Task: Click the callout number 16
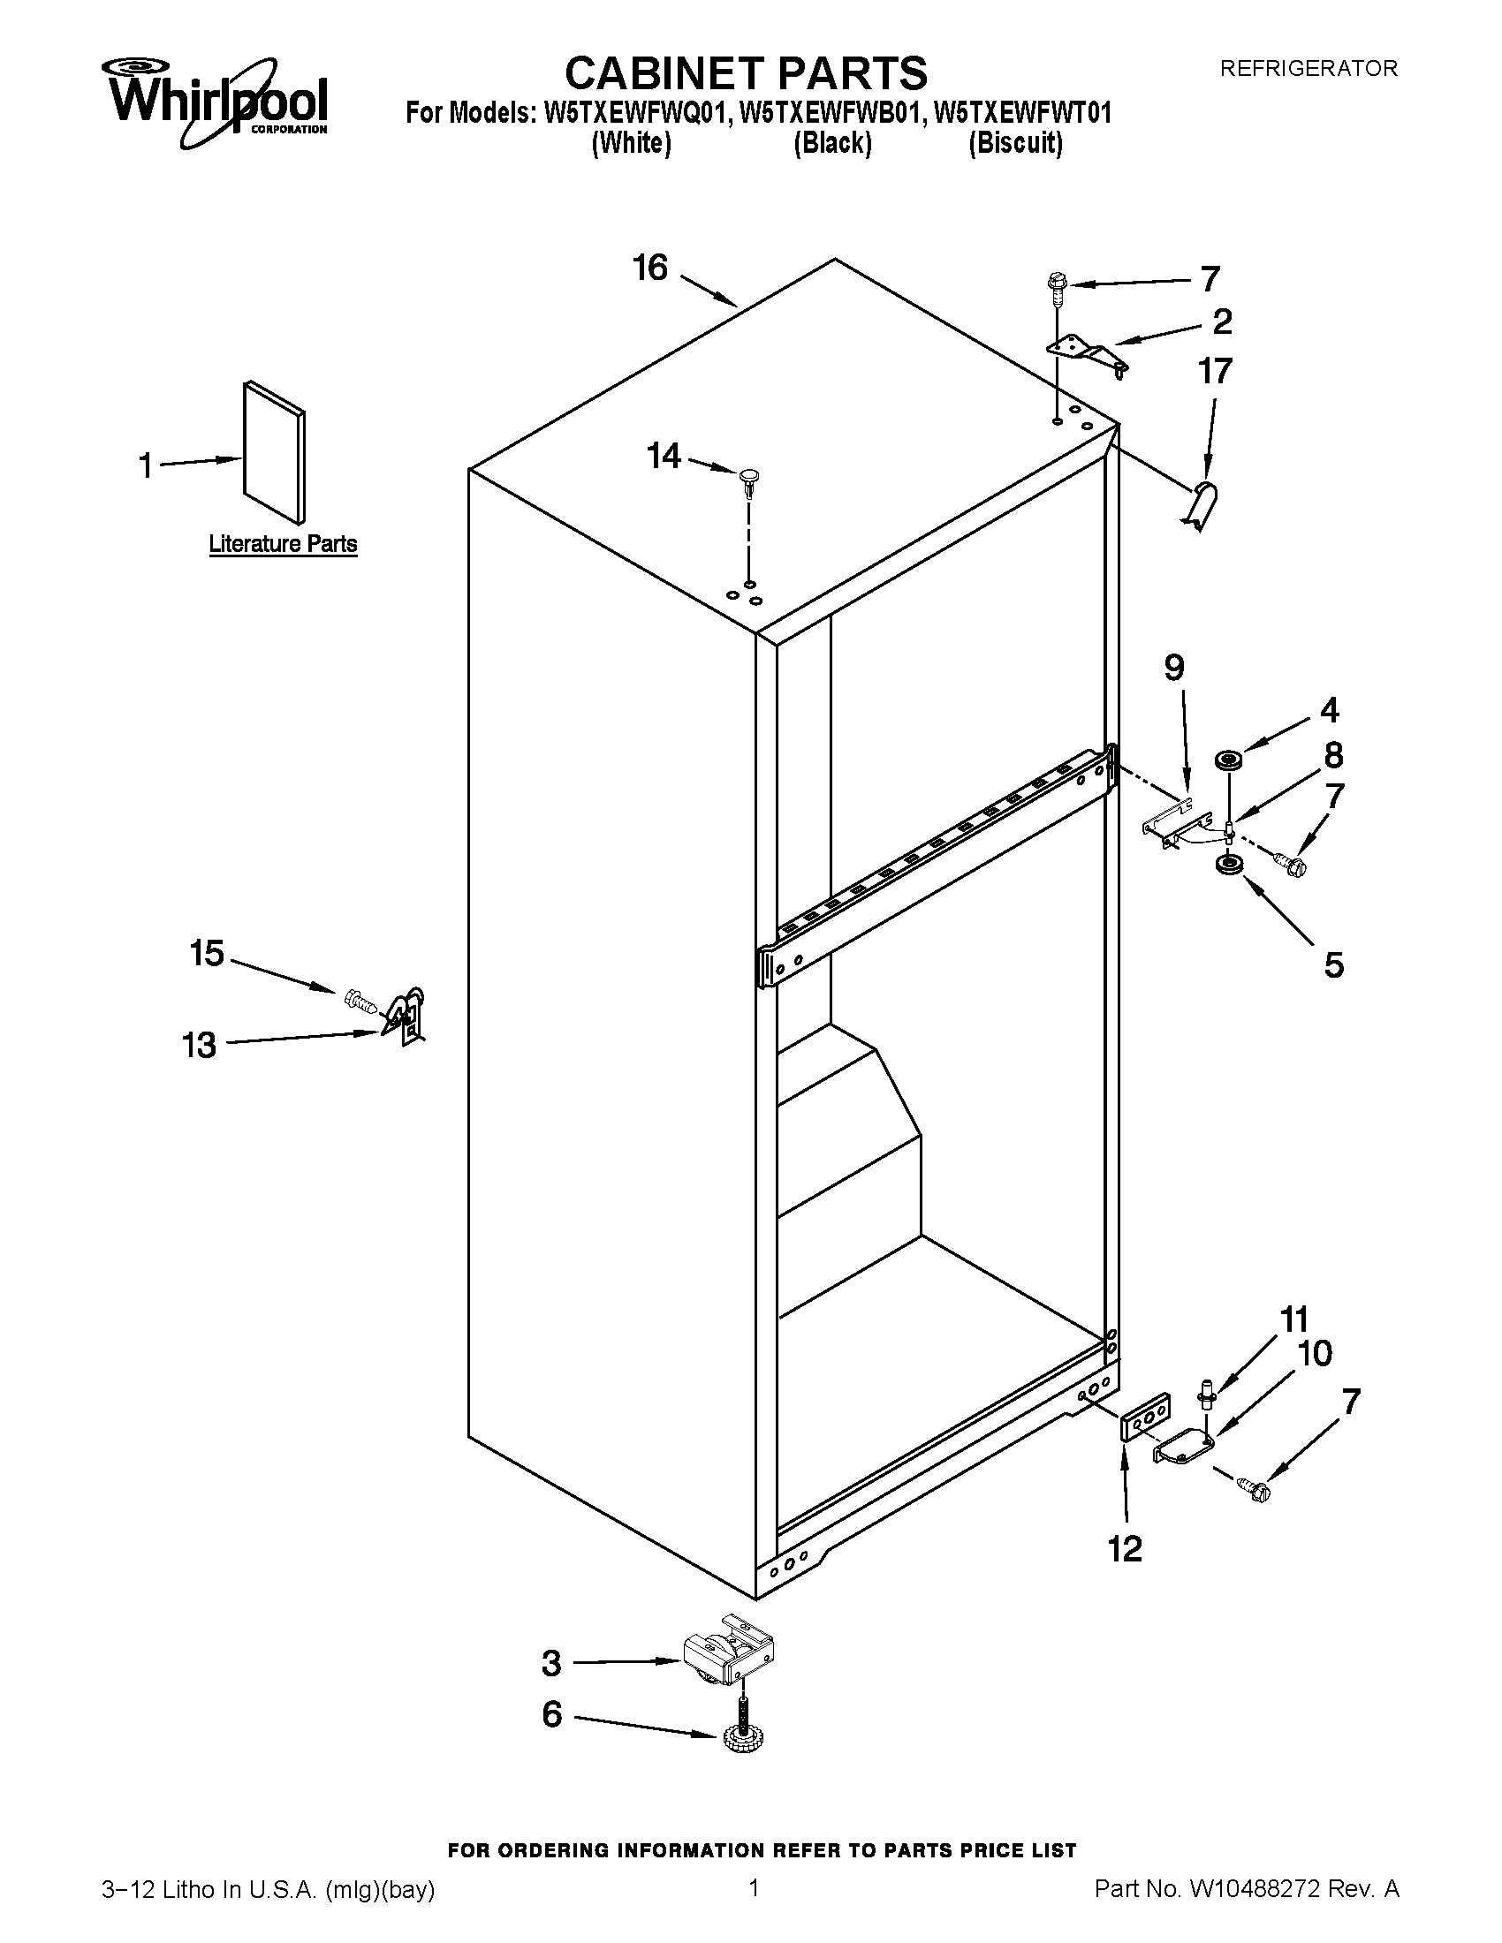[650, 268]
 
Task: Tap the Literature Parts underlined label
[283, 543]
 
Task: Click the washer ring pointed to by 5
[1229, 865]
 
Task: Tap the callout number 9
[1174, 667]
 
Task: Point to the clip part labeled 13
[406, 1015]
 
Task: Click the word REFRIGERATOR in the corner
[1307, 69]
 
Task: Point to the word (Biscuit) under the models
[1015, 142]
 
